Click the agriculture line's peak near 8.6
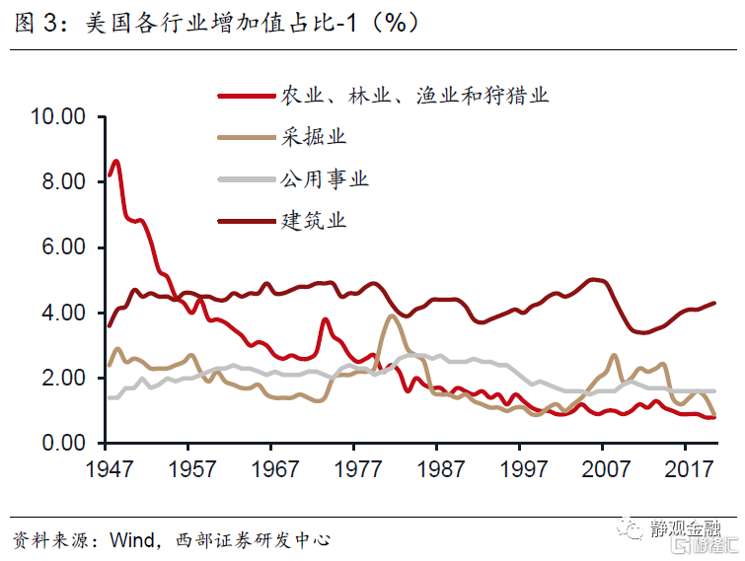click(x=116, y=161)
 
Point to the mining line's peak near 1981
click(x=392, y=316)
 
